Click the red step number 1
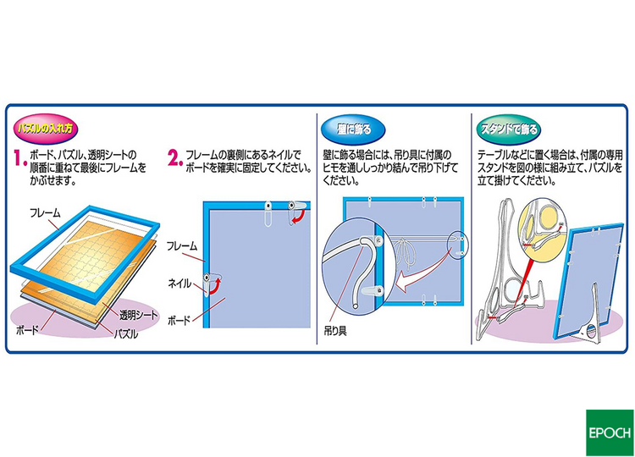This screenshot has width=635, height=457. tap(19, 158)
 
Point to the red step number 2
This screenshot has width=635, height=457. tap(174, 158)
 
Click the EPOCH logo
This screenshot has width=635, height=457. tap(609, 432)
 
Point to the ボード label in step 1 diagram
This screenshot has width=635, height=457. tap(28, 331)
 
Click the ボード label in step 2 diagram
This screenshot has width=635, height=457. tap(179, 322)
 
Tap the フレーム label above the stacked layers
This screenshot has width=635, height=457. tap(44, 212)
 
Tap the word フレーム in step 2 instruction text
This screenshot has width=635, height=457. tap(201, 154)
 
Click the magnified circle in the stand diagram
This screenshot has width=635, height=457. tap(543, 228)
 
